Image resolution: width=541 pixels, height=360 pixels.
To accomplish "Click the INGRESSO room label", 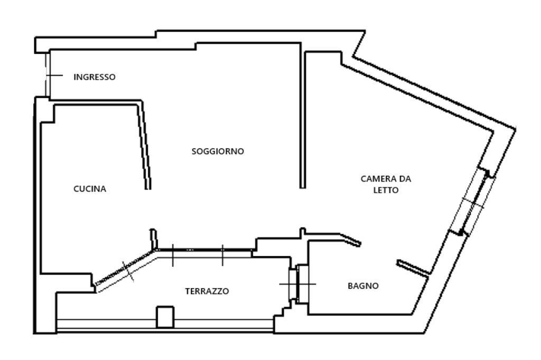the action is pyautogui.click(x=94, y=77).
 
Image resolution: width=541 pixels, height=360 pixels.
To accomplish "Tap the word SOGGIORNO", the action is pyautogui.click(x=217, y=151).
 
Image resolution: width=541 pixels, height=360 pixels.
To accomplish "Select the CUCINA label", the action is pyautogui.click(x=89, y=189).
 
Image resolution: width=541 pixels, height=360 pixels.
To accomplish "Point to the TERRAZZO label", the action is pyautogui.click(x=207, y=291).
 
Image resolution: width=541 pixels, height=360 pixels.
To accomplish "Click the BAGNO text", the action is pyautogui.click(x=362, y=286).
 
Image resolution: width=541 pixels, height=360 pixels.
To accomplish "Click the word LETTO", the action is pyautogui.click(x=386, y=190).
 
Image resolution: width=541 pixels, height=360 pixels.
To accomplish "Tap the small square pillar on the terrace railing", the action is pyautogui.click(x=165, y=317).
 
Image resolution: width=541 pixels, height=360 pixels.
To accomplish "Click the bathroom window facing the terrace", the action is pyautogui.click(x=297, y=283).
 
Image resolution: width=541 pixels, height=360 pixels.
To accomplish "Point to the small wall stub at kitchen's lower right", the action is pyautogui.click(x=153, y=237).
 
